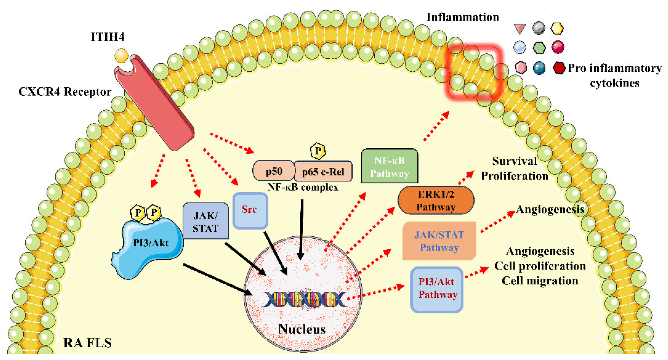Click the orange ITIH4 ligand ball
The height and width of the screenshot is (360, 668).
pos(121,56)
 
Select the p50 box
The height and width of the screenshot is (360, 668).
pos(274,171)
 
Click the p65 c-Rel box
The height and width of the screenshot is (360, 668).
pos(323,171)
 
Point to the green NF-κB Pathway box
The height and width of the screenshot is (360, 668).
pos(389,167)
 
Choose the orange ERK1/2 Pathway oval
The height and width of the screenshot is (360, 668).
pos(435,200)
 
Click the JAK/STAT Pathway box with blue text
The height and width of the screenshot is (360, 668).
pos(439,241)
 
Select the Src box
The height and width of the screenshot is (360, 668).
pos(250,210)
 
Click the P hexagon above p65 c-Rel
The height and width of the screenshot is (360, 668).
pos(317,151)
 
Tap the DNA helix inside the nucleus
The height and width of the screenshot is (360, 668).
pos(305,300)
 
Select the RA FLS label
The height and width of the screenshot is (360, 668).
pos(87,343)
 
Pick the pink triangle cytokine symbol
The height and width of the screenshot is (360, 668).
pos(519,29)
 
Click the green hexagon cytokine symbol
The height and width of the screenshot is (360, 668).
pos(539,48)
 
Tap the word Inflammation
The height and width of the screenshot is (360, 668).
pos(463,17)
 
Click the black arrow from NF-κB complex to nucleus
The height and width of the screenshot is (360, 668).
pos(301,230)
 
